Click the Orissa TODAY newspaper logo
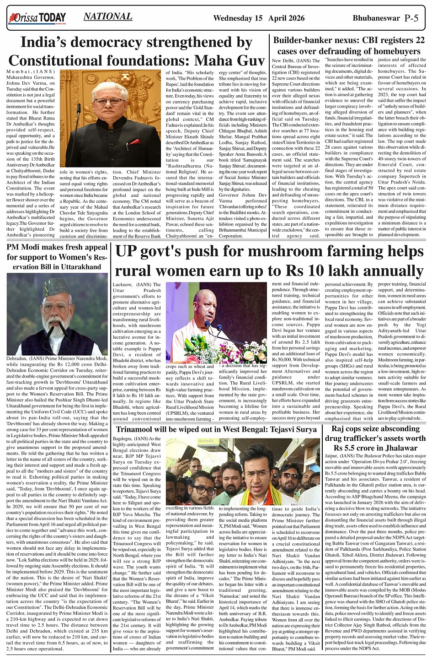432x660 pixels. [x=37, y=18]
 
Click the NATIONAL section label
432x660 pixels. [x=108, y=17]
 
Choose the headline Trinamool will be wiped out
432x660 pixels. [x=216, y=429]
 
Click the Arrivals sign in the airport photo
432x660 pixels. [x=207, y=441]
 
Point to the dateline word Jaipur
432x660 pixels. [x=332, y=456]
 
